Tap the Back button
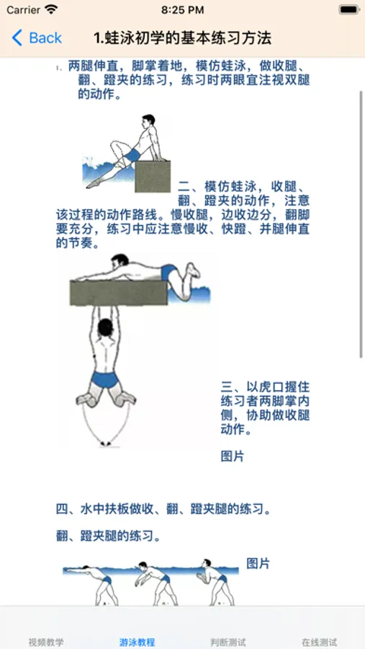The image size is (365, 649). click(x=37, y=38)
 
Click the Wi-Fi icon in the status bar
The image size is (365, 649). click(x=52, y=9)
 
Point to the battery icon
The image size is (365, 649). click(x=349, y=9)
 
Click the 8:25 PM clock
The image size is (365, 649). click(x=182, y=10)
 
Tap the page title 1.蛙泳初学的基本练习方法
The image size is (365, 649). click(x=182, y=38)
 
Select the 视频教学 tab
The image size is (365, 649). click(x=46, y=643)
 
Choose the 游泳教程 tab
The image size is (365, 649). click(x=138, y=643)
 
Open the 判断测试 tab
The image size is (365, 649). click(x=228, y=643)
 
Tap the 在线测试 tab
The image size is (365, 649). click(x=319, y=643)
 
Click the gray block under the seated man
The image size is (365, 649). click(x=153, y=177)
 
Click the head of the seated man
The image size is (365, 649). click(x=148, y=121)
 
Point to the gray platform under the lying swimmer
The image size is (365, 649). click(x=119, y=293)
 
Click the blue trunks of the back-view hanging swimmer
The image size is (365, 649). click(x=105, y=379)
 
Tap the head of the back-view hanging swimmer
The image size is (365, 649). click(x=105, y=327)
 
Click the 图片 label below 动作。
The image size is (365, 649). click(x=233, y=456)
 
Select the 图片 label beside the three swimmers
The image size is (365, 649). click(x=258, y=563)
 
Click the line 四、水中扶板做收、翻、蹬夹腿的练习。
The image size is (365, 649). click(x=163, y=509)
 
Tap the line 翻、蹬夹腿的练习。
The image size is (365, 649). click(x=108, y=537)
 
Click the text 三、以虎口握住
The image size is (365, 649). click(x=265, y=387)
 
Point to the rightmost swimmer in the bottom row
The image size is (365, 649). click(x=215, y=583)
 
